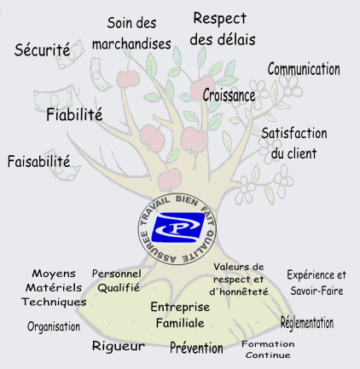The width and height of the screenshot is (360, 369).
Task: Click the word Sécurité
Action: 42,49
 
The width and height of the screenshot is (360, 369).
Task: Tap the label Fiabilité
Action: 74,114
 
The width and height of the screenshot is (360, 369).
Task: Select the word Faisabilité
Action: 38,161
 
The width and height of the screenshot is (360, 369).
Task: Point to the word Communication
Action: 304,69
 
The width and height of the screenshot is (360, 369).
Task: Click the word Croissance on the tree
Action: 229,95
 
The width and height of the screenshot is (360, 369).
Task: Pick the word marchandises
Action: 131,44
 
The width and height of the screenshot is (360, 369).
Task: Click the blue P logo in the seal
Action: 178,228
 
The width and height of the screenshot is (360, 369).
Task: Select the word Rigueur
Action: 119,346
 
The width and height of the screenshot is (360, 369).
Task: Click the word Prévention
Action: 196,348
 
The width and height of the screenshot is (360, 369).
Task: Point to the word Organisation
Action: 54,326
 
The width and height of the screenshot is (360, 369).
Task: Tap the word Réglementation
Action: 307,323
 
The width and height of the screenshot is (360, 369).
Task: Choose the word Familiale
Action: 180,323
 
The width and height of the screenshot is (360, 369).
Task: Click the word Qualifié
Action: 119,288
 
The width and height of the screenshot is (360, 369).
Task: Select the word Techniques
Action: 54,302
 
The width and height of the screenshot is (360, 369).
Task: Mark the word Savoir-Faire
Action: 316,291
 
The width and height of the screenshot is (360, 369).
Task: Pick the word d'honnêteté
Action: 239,291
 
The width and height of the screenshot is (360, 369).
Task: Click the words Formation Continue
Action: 268,349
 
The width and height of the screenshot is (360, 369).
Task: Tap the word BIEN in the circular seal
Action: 187,201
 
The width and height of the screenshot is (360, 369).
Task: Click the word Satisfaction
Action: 294,133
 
